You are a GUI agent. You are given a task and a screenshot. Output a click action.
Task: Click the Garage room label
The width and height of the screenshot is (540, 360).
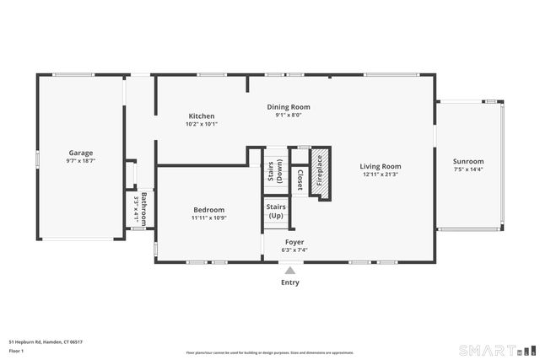click(81, 153)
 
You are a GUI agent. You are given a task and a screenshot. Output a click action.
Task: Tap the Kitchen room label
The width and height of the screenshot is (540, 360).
click(201, 116)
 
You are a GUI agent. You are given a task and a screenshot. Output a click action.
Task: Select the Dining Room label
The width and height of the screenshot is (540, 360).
click(289, 107)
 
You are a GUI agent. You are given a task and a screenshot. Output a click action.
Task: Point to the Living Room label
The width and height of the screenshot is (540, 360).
click(381, 166)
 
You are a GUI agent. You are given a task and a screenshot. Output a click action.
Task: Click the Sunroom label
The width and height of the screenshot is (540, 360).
click(468, 161)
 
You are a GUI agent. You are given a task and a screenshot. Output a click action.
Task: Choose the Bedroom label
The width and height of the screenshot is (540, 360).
click(208, 210)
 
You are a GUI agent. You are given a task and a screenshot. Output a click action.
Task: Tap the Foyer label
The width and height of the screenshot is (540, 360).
click(294, 241)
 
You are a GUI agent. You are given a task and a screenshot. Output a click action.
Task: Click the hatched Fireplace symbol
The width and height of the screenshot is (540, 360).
click(320, 173)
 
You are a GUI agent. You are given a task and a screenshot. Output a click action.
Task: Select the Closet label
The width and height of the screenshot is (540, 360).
click(300, 179)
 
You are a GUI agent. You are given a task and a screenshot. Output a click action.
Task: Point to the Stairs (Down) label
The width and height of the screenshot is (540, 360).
click(274, 171)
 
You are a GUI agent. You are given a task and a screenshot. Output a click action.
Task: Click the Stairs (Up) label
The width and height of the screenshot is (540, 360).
click(276, 211)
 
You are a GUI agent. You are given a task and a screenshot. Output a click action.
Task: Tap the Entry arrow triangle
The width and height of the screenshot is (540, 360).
click(289, 270)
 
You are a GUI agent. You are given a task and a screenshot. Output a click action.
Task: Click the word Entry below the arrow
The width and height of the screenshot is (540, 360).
click(289, 283)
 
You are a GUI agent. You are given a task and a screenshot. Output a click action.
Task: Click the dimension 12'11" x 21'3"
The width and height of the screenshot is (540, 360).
click(381, 175)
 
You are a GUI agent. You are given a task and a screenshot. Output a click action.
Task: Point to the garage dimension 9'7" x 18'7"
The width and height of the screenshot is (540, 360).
click(81, 160)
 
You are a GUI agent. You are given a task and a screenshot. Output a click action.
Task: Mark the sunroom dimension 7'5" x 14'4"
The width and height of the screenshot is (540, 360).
click(468, 169)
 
